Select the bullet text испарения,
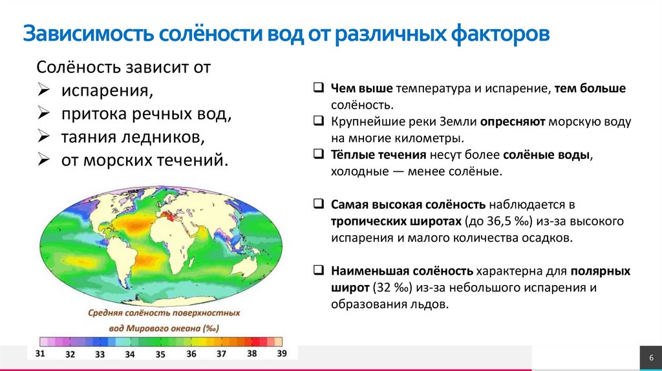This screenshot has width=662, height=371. click(x=107, y=90)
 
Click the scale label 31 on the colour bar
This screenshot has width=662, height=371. click(x=40, y=354)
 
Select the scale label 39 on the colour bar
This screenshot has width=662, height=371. click(x=281, y=354)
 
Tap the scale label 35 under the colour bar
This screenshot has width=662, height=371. click(x=160, y=354)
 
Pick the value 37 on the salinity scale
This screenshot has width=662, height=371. click(x=221, y=354)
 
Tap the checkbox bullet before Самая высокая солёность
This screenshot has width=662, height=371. click(x=319, y=204)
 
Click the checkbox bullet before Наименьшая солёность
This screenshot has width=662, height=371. click(x=319, y=270)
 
